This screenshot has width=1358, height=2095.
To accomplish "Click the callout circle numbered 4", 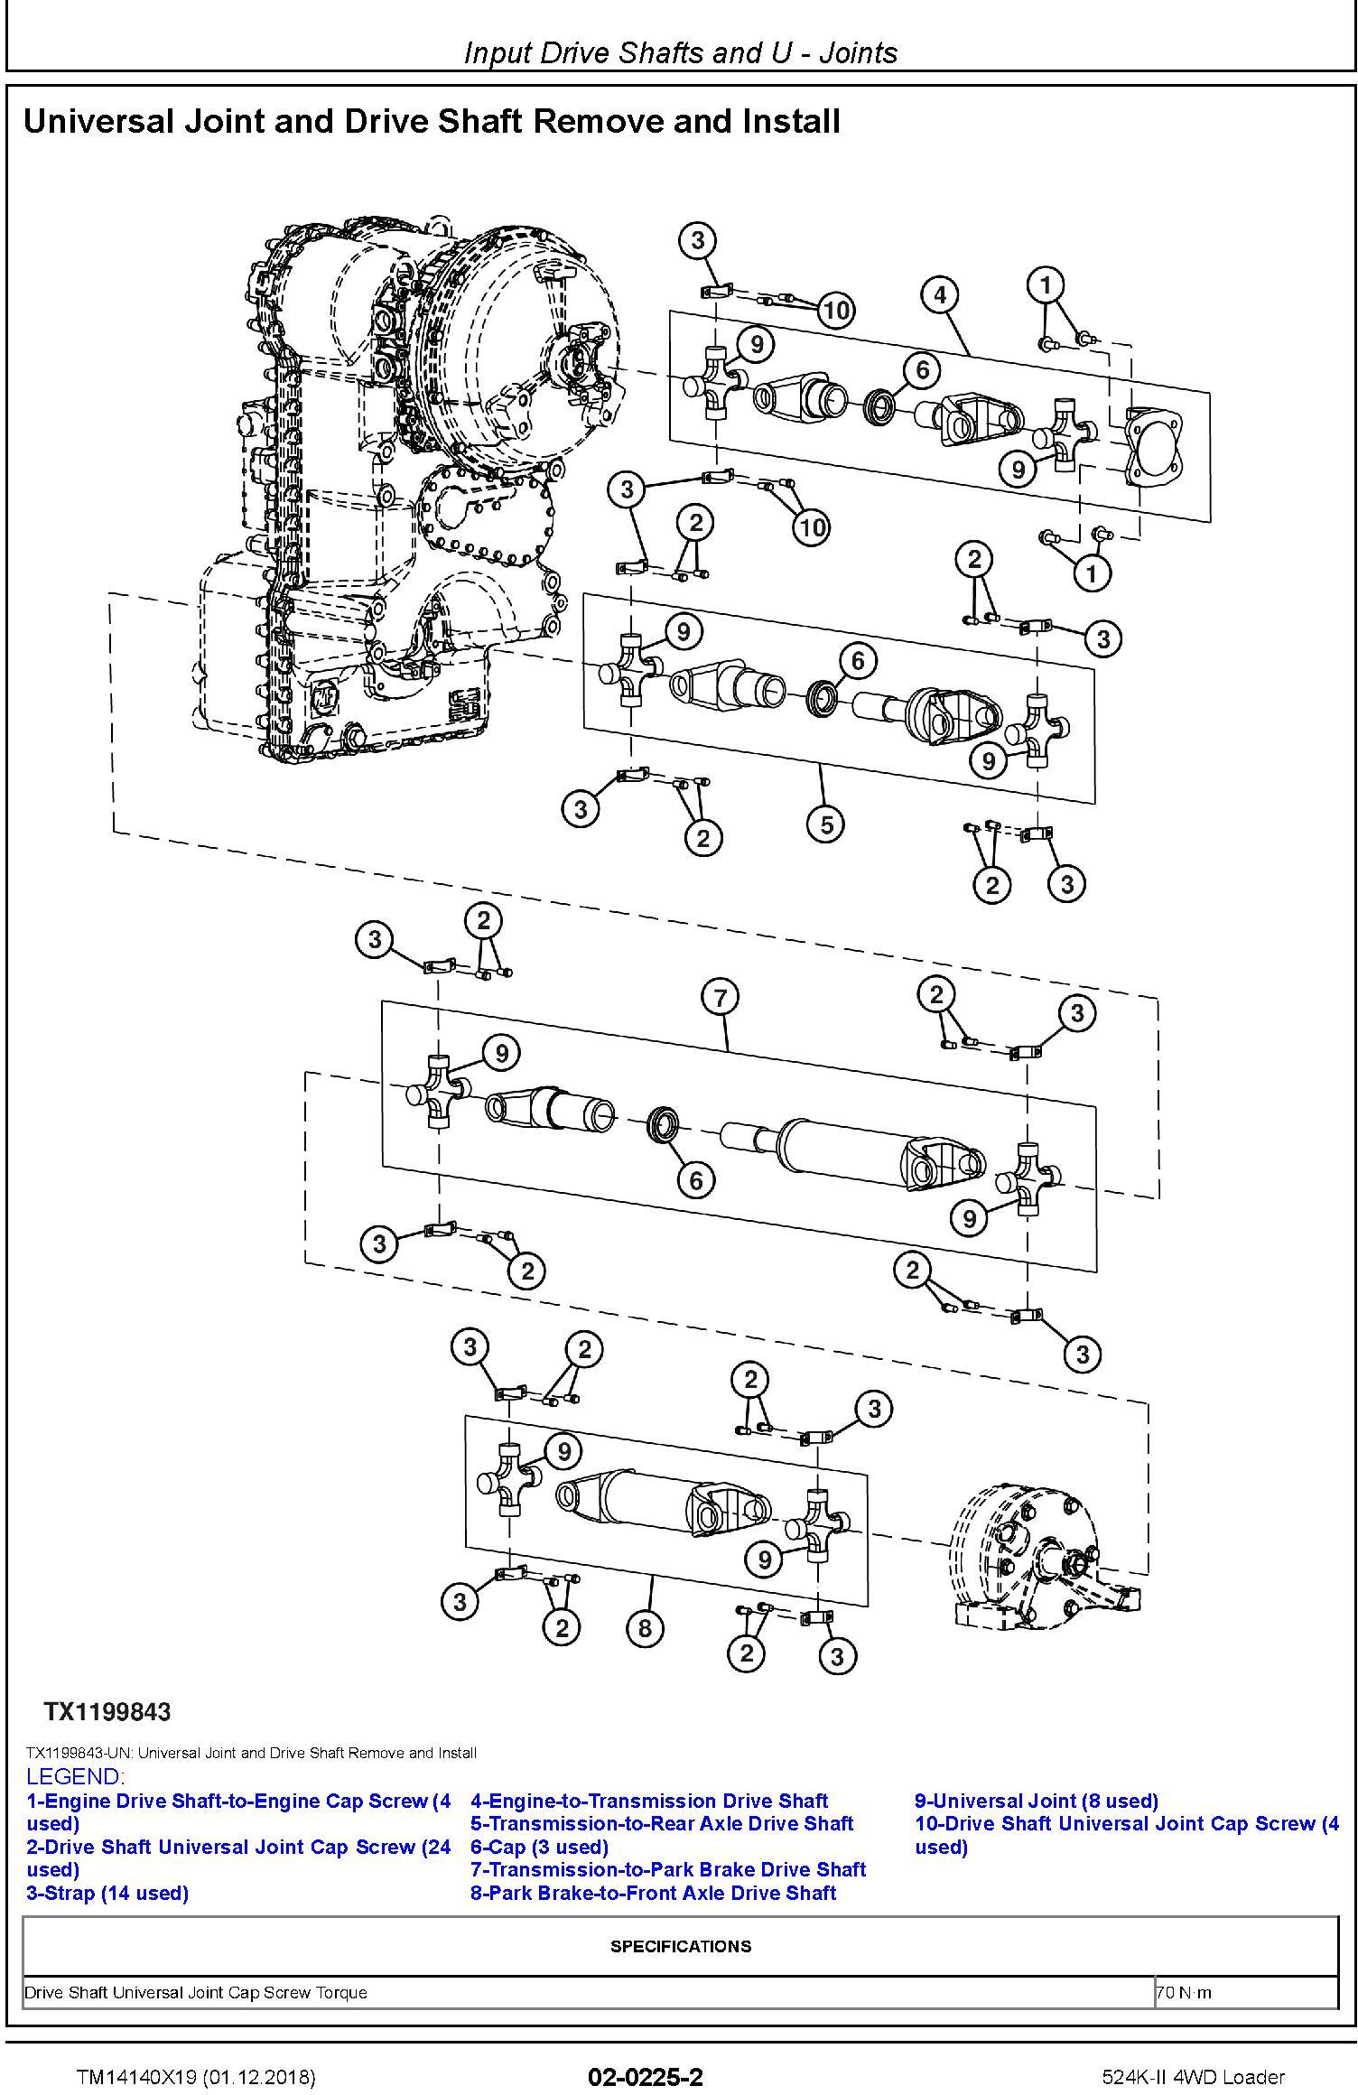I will [x=940, y=294].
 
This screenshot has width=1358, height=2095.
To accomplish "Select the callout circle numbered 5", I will [x=827, y=824].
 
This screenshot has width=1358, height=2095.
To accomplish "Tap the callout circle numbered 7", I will [x=720, y=998].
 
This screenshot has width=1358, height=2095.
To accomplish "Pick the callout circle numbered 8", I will [x=645, y=1627].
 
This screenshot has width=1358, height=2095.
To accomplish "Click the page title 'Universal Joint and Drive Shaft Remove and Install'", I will [x=432, y=121].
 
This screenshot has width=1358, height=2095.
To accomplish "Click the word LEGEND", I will [x=75, y=1777].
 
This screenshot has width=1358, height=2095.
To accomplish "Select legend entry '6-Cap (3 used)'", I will [x=539, y=1847].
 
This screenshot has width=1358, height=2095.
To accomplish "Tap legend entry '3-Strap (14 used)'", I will [x=107, y=1893].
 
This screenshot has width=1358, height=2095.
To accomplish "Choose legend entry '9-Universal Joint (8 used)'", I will [x=1036, y=1801].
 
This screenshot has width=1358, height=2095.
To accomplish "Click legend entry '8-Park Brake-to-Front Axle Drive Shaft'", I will [x=653, y=1893].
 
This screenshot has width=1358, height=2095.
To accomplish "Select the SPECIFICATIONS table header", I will [x=680, y=1946].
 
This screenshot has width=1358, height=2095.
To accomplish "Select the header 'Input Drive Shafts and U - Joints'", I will [x=680, y=53].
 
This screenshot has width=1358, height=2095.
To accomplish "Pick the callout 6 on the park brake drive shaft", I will [x=695, y=1179].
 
